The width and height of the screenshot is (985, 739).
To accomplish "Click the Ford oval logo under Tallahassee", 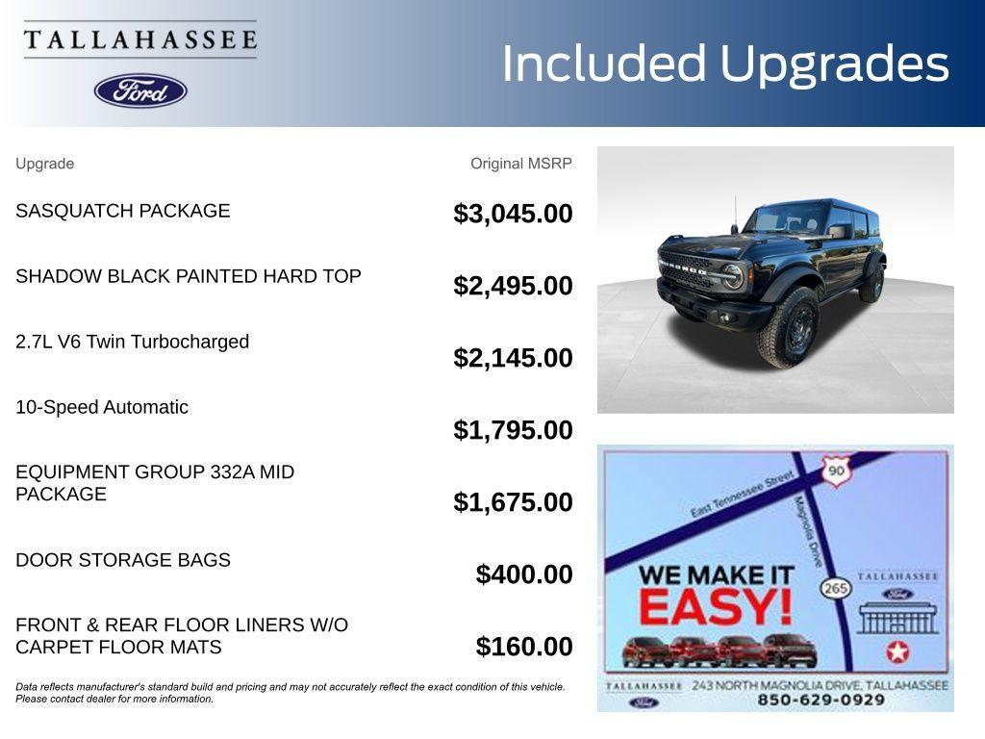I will point(140,90).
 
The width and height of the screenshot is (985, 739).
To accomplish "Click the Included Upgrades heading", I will point(725,64).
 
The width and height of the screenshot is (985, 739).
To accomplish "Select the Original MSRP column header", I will point(520,164).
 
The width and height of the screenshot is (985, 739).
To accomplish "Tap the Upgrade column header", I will point(44,164).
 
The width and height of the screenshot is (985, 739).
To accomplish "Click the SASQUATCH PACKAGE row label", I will point(123,211).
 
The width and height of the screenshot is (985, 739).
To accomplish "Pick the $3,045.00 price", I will point(513,214).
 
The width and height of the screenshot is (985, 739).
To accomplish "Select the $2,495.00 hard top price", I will point(513,286).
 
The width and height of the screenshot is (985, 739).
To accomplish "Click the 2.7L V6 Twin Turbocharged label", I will point(132,342).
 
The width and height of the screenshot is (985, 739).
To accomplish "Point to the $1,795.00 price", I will point(513,430).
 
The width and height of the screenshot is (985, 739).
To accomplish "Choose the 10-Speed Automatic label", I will point(102,407).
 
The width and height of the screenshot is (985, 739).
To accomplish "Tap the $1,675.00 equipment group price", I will point(513,502).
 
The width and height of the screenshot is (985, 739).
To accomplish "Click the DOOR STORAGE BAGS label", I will point(123,560).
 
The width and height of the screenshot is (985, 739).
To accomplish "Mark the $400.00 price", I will point(524,574).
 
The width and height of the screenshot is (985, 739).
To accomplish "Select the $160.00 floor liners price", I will point(524,647).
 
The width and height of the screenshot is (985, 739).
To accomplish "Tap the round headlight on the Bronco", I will point(733,276).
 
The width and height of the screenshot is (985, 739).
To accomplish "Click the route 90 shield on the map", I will point(835,471).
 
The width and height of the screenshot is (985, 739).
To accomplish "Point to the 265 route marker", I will point(836,587).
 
